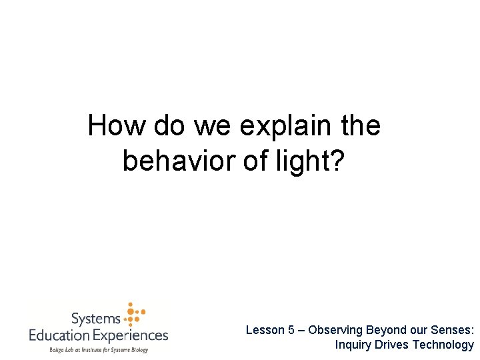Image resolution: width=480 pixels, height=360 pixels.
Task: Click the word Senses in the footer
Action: (453, 330)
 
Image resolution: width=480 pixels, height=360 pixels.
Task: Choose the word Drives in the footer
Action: (391, 345)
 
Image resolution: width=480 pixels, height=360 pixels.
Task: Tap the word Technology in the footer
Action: (443, 345)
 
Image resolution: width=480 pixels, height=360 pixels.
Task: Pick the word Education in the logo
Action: (62, 335)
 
